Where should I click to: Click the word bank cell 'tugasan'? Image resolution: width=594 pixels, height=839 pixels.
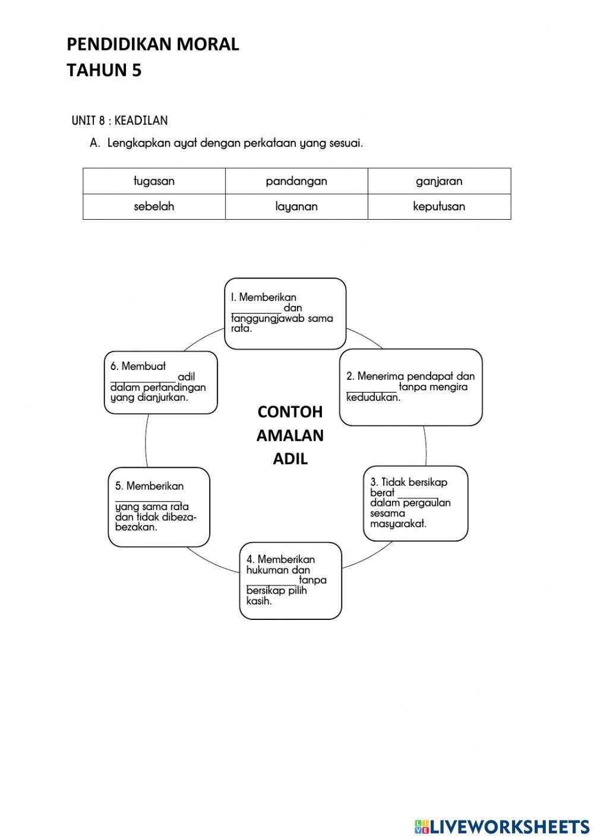[154, 181]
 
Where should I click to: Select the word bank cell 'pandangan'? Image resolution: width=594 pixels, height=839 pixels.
[296, 181]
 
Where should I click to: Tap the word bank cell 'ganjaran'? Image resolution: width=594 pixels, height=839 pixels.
[439, 181]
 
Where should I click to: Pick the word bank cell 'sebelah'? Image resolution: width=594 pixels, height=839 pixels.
[154, 207]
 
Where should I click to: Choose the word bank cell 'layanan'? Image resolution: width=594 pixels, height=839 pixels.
[296, 207]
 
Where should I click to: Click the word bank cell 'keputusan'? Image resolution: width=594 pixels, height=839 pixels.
[439, 207]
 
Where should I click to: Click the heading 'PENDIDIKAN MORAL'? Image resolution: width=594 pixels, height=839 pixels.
[153, 45]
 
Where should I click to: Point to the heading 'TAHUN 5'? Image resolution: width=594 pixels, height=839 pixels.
[104, 70]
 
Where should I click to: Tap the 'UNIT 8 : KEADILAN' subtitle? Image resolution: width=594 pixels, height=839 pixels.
[119, 121]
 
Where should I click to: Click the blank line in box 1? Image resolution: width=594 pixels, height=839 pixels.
[256, 310]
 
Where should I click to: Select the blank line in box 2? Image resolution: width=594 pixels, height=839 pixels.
[371, 389]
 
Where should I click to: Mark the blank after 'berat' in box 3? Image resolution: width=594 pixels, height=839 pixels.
[418, 495]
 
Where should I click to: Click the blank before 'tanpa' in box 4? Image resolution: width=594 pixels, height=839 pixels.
[271, 582]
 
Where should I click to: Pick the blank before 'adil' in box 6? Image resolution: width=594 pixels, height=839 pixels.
[143, 379]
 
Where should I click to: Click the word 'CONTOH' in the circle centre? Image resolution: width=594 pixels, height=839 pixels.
[290, 411]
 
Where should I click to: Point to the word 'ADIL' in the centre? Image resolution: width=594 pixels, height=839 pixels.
[290, 459]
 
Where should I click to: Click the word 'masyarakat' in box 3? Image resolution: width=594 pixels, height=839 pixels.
[398, 524]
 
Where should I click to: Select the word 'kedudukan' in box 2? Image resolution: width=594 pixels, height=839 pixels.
[373, 397]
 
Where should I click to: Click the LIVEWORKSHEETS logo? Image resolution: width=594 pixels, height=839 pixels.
[502, 826]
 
